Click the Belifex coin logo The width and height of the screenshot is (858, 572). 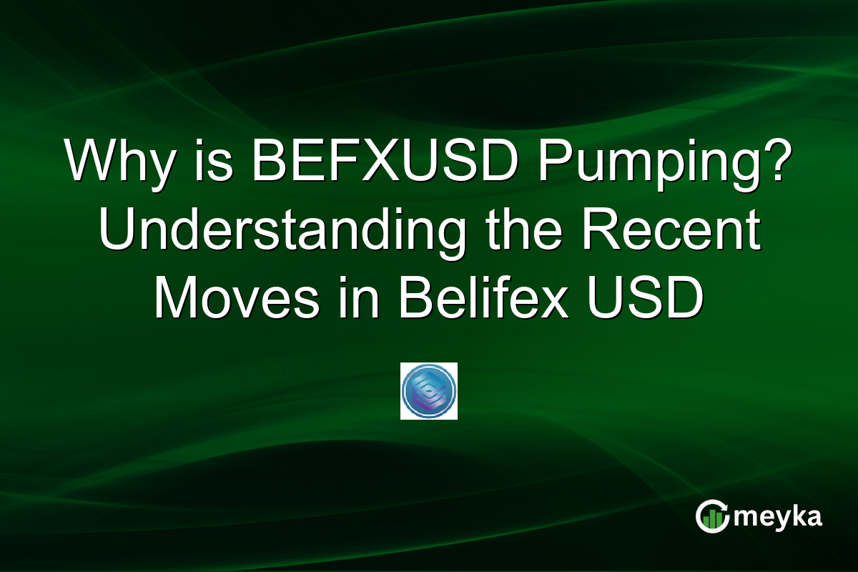pyautogui.click(x=429, y=390)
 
